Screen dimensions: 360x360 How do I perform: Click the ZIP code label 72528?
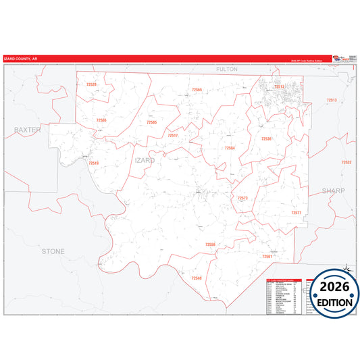tap(91, 84)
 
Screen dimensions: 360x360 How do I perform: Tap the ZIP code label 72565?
tap(197, 89)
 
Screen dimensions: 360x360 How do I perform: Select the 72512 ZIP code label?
tap(279, 86)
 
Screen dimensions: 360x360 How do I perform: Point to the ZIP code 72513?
tap(331, 100)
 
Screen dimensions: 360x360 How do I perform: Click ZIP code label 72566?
tap(101, 120)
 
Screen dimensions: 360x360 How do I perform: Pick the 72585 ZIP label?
tap(151, 122)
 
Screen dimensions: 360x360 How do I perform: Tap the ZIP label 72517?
tap(173, 135)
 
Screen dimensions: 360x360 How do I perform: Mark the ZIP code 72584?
tap(230, 148)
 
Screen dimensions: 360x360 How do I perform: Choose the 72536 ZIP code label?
tap(266, 138)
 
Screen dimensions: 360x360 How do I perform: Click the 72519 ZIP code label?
tap(93, 163)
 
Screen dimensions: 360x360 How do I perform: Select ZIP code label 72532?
tap(346, 162)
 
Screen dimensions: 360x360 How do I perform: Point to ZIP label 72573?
tap(242, 198)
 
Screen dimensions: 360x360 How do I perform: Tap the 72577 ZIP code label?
tap(296, 213)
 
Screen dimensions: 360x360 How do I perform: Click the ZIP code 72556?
tap(210, 244)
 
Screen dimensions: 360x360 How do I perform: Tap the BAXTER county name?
tap(28, 128)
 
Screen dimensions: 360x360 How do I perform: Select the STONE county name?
tap(53, 251)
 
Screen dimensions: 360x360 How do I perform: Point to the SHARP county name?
tap(333, 190)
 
